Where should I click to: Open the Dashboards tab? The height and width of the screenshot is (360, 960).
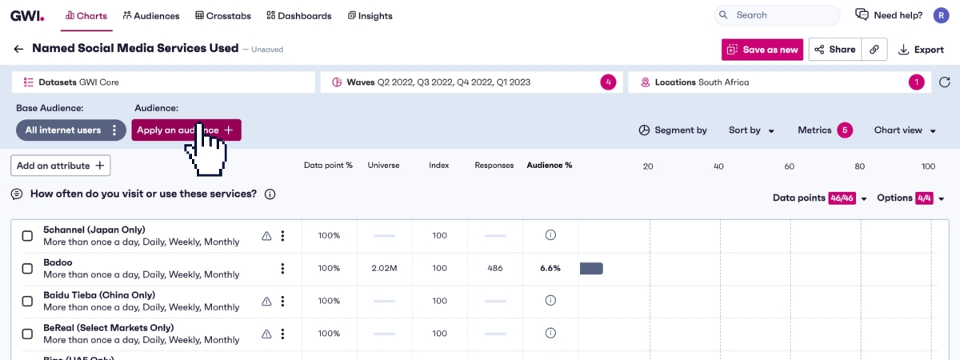[x=298, y=15]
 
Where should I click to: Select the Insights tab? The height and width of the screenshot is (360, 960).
[x=370, y=15]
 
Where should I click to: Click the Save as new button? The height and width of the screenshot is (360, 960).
[x=762, y=50]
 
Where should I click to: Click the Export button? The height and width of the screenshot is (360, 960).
[x=921, y=50]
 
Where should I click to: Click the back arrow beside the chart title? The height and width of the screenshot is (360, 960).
[x=18, y=49]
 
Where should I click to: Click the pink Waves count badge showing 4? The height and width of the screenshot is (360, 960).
[x=608, y=82]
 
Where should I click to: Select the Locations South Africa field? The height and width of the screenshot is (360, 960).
[x=768, y=82]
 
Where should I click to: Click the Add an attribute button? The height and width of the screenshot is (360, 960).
[x=61, y=166]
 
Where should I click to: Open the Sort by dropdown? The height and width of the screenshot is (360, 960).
[x=751, y=130]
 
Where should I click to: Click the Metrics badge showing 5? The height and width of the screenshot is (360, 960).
[x=845, y=130]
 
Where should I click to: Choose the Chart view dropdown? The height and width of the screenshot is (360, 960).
[x=905, y=130]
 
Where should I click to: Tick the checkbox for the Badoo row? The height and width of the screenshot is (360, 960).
[x=27, y=269]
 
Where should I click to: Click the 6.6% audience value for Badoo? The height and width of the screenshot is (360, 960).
[x=550, y=268]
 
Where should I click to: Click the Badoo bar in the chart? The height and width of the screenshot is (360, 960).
[x=591, y=268]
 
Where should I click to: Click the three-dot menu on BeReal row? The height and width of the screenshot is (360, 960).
[x=282, y=334]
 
